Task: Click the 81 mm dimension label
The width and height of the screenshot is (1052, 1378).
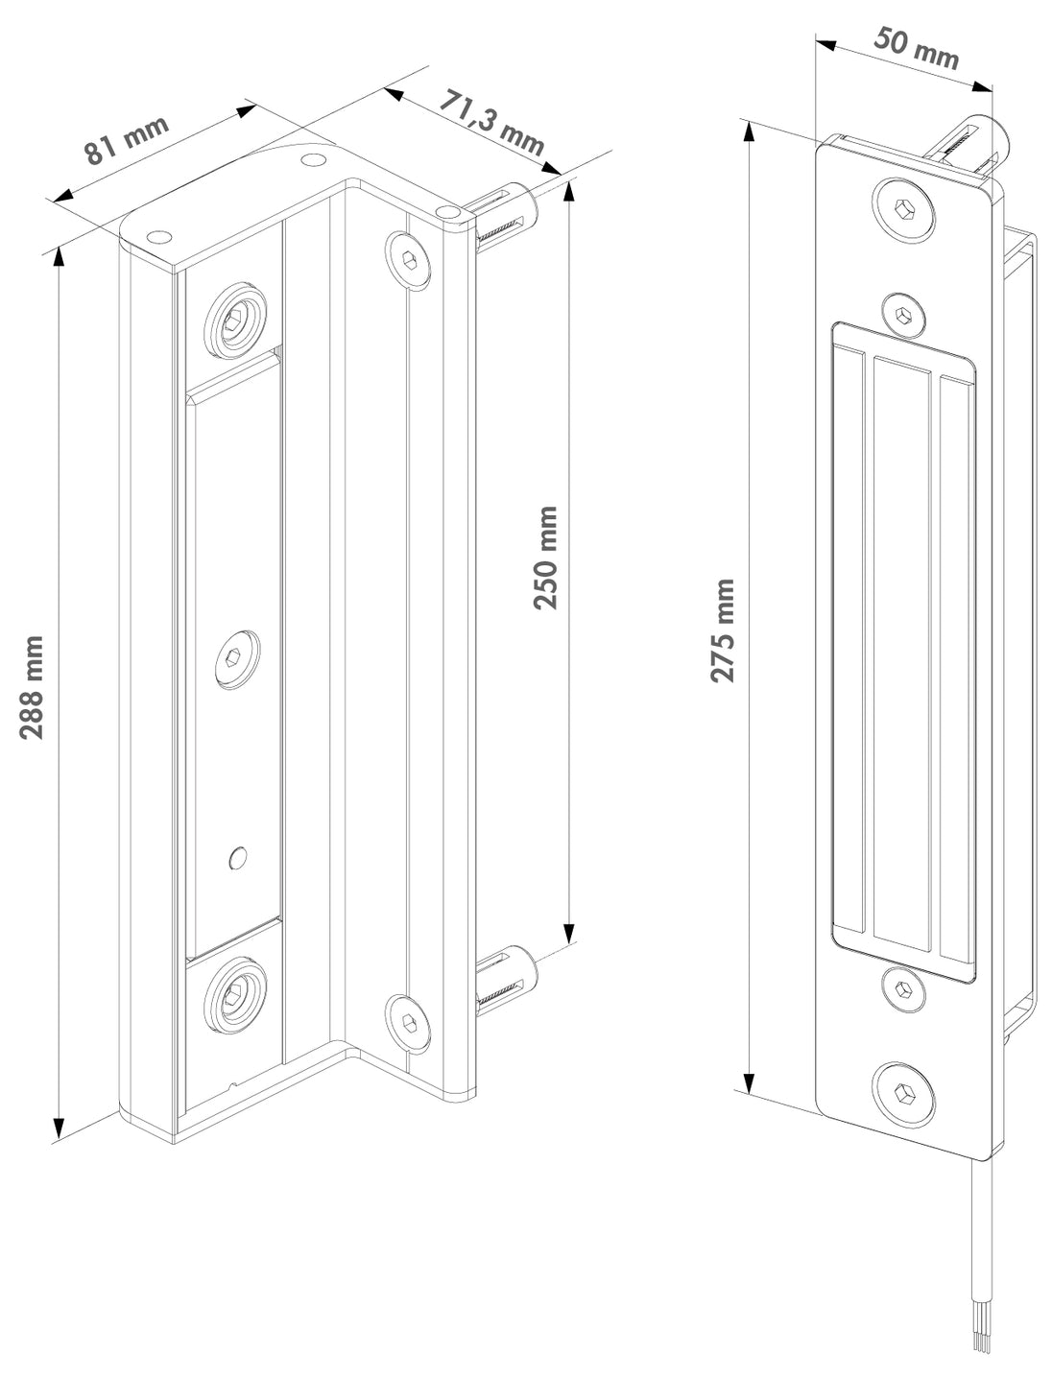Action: [127, 140]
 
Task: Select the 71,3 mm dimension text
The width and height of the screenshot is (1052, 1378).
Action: [490, 123]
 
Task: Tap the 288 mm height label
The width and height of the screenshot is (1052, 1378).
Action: [32, 687]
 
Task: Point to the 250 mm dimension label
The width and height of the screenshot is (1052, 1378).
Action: [545, 558]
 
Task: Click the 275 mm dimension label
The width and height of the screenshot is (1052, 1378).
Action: [722, 630]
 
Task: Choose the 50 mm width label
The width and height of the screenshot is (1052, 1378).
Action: [916, 49]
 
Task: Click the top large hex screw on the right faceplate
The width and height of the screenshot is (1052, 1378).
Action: [902, 211]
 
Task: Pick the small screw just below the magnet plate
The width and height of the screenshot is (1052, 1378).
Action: [903, 990]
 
